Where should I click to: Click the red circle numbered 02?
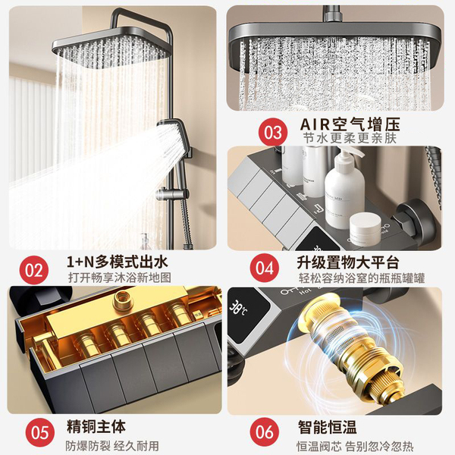[x=34, y=270]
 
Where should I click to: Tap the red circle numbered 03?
[x=273, y=132]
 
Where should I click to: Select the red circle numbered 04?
[x=265, y=268]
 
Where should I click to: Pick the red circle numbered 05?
[x=40, y=432]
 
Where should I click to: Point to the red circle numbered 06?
[x=265, y=431]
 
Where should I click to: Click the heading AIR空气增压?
[x=350, y=124]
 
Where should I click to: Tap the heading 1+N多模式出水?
[x=118, y=262]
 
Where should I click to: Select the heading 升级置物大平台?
[x=347, y=262]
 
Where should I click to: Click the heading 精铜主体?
[x=96, y=426]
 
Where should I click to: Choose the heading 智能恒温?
[x=327, y=427]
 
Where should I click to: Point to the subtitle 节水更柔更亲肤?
[x=350, y=138]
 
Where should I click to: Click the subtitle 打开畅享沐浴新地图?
[x=120, y=278]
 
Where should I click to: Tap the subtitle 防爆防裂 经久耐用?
[x=112, y=446]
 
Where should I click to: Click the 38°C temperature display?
[x=239, y=308]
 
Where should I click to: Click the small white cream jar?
[x=365, y=225]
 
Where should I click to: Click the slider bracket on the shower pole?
[x=171, y=194]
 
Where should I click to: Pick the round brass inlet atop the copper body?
[x=124, y=301]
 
